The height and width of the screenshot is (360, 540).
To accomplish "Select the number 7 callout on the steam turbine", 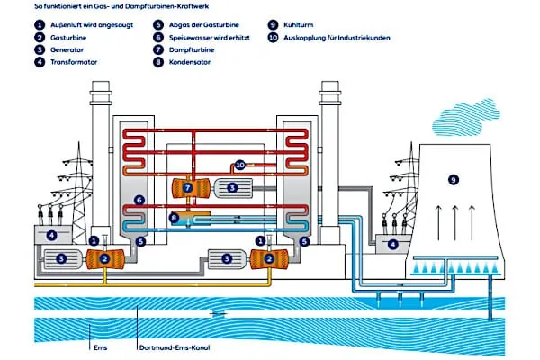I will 187,188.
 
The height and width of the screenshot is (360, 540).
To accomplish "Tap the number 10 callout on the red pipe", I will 239,165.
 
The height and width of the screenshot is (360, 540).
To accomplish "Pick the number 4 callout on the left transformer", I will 51,236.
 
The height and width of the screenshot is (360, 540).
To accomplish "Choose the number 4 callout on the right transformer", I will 393,244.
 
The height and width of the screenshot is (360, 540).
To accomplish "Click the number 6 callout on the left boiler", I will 139,200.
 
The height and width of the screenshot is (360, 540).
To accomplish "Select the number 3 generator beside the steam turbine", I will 232,188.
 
